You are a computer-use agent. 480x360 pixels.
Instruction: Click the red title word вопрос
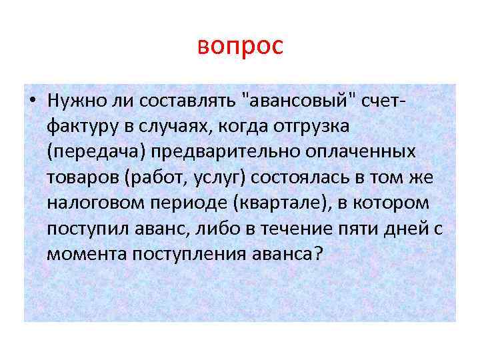[240, 46]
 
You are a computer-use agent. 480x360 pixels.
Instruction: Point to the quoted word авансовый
[303, 101]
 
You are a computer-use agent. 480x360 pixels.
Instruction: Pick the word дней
[413, 228]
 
